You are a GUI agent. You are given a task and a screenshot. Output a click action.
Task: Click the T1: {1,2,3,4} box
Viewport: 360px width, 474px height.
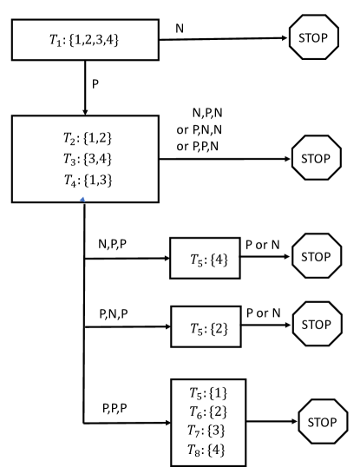point(86,38)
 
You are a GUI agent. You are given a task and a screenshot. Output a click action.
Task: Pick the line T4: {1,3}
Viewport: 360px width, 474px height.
point(82,181)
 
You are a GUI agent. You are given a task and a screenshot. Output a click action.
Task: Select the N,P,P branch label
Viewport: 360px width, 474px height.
point(115,246)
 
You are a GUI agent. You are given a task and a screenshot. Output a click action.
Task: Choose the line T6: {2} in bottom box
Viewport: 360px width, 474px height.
point(209,411)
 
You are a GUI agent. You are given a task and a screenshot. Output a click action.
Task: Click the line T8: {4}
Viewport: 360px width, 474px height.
point(209,451)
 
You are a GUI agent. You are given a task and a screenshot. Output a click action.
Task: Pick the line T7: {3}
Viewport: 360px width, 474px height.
point(209,431)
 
